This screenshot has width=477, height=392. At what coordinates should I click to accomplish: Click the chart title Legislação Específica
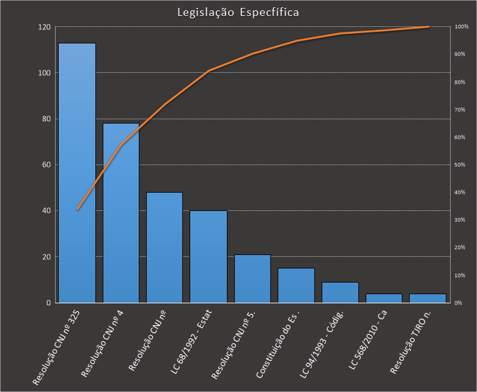(x=238, y=12)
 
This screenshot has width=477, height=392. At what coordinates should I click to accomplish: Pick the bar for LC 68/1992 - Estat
(x=209, y=256)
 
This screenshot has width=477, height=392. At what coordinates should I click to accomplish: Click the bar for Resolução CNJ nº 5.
(x=253, y=278)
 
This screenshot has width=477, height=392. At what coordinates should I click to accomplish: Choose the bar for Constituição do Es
(x=296, y=285)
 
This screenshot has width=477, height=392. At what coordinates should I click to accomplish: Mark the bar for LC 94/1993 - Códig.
(x=340, y=292)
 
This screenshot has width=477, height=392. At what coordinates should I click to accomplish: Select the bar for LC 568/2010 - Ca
(x=384, y=298)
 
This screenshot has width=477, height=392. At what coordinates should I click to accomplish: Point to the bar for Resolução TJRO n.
(x=427, y=298)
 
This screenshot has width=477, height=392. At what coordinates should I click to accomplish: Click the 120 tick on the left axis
(x=44, y=27)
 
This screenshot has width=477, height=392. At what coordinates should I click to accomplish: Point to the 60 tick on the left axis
(x=46, y=165)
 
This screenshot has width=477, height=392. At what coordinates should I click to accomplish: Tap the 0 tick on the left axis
(x=48, y=303)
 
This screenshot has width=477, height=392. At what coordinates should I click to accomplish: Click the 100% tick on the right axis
(x=462, y=27)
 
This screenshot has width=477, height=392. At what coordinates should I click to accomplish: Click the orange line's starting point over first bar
(x=77, y=209)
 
